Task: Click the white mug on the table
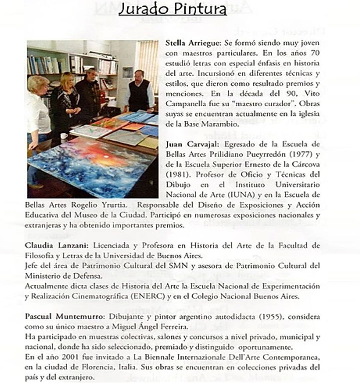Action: tap(64, 136)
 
